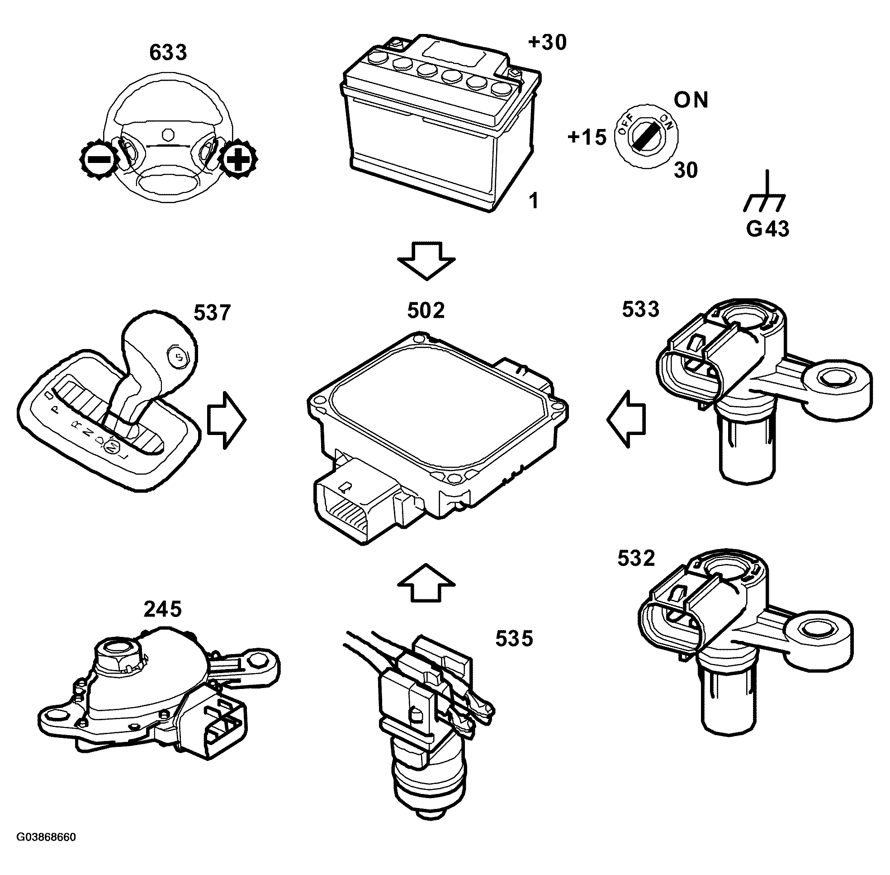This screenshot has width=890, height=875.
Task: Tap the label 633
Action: (x=168, y=53)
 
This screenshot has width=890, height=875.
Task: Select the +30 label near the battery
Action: (x=547, y=42)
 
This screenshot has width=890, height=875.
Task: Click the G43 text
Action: (x=767, y=229)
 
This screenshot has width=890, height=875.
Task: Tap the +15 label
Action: (x=587, y=137)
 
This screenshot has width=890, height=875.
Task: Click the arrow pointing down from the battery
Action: (x=426, y=261)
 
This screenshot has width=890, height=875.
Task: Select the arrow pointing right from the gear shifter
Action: (x=227, y=420)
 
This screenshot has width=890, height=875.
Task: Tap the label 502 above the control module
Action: (x=426, y=311)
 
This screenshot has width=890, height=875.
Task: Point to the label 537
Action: (x=212, y=313)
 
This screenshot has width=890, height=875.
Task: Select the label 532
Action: (x=635, y=559)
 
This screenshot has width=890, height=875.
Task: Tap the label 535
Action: (x=514, y=638)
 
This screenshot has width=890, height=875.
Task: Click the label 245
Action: (x=162, y=609)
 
